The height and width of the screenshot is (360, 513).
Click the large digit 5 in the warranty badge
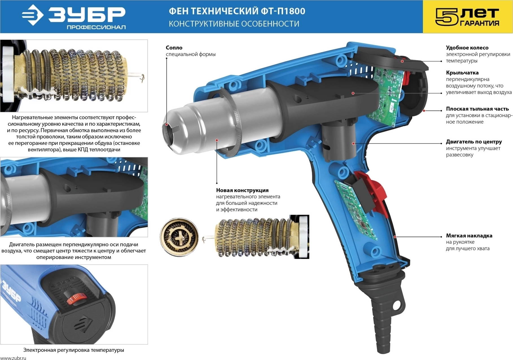447,17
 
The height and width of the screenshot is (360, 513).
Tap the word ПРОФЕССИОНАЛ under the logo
96,27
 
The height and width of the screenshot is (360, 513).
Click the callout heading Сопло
174,48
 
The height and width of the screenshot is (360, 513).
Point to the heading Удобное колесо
467,48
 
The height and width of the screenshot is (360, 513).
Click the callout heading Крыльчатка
462,73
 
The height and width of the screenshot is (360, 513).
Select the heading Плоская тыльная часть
477,109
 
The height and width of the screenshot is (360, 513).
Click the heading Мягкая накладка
469,236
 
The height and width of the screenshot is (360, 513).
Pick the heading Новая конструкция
242,190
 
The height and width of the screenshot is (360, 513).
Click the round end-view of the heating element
179,237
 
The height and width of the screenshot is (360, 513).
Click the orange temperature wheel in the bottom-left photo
76,298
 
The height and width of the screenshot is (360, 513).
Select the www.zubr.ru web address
13,358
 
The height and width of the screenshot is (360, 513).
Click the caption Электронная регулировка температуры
74,350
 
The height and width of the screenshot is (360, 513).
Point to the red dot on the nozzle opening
167,124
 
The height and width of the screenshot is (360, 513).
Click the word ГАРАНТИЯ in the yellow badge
479,23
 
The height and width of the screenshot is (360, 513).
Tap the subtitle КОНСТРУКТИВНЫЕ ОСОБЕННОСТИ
234,24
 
